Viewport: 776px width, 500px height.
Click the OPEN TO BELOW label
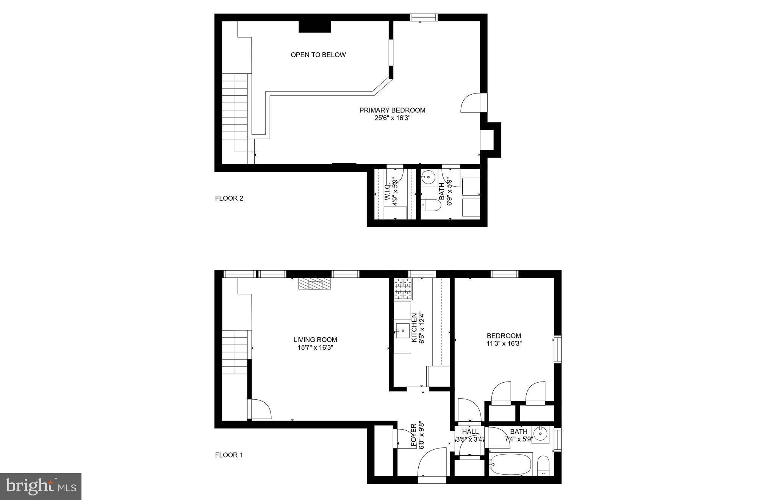(x=318, y=55)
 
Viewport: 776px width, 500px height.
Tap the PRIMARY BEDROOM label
(x=392, y=110)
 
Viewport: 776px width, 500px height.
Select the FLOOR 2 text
(x=229, y=198)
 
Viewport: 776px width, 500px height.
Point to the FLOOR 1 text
(x=229, y=455)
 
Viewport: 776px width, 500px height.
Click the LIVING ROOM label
(x=315, y=340)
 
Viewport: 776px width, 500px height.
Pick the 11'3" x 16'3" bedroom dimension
(x=504, y=344)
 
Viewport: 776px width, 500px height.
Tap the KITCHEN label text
(x=414, y=328)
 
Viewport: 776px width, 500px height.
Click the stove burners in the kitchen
(x=403, y=289)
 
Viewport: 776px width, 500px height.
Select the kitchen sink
(x=402, y=330)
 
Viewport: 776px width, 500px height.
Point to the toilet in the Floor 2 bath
(x=432, y=206)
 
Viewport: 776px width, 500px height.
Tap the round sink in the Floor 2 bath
(x=429, y=176)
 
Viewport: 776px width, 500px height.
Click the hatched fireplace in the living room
(x=314, y=284)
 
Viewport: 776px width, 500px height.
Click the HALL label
(x=470, y=431)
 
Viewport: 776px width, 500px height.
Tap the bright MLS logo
(x=41, y=486)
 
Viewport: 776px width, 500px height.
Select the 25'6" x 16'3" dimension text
(x=392, y=118)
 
